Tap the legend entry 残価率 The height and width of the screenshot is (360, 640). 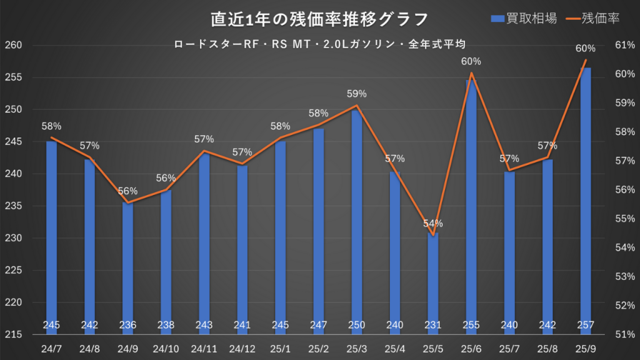[x=592, y=19]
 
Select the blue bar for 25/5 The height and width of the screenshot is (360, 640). [x=432, y=281]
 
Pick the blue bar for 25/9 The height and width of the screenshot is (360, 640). [x=586, y=200]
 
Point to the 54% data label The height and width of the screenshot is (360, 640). [x=432, y=223]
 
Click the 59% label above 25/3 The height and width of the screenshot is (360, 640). [x=356, y=94]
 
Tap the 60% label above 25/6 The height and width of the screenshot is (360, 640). [x=471, y=61]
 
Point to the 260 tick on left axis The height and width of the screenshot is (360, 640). [x=13, y=46]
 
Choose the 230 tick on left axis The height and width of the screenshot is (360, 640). [x=13, y=238]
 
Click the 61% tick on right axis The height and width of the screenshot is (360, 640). [x=625, y=46]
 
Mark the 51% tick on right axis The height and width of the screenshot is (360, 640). [x=625, y=334]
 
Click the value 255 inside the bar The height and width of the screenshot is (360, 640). [x=471, y=325]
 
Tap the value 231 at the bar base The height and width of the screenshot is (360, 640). [x=432, y=325]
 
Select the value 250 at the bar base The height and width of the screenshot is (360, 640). [x=356, y=325]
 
